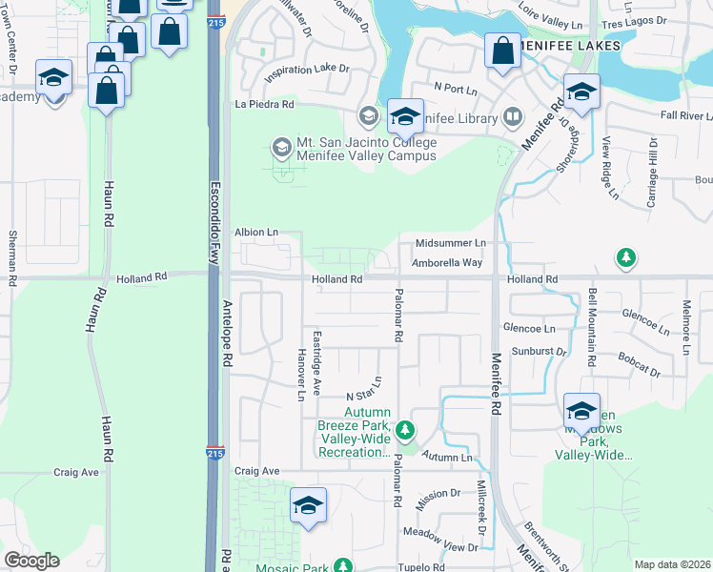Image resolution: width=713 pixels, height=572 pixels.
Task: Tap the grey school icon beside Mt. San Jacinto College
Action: [281, 147]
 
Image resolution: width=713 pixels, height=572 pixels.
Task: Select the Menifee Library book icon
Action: [513, 118]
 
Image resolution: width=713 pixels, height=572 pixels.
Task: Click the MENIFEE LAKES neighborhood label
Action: [571, 45]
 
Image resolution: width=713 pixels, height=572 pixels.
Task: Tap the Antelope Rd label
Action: [227, 335]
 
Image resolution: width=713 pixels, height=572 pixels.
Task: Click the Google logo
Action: [31, 561]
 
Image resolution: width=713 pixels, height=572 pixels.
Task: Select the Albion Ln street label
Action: [256, 232]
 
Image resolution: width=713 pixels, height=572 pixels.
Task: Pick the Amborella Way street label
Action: [448, 262]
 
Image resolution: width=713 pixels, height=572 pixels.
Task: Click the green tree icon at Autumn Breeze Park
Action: [406, 430]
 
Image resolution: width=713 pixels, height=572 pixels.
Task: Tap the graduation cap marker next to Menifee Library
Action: [405, 116]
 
